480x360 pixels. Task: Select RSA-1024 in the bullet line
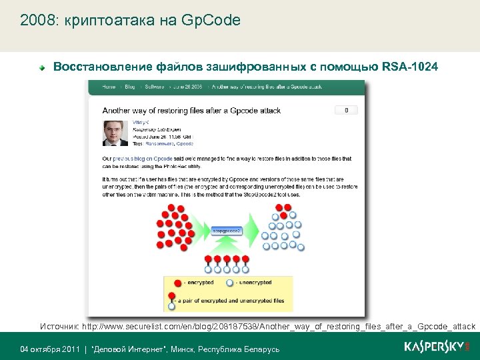click(412, 67)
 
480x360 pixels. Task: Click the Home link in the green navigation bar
click(109, 86)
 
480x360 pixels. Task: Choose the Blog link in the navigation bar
click(129, 86)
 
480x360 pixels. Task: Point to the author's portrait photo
click(115, 133)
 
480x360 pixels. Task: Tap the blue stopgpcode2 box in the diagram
click(226, 230)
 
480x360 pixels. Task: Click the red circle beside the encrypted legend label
click(177, 283)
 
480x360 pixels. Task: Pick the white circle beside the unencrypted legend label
click(230, 283)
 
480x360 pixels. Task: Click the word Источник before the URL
click(59, 327)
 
